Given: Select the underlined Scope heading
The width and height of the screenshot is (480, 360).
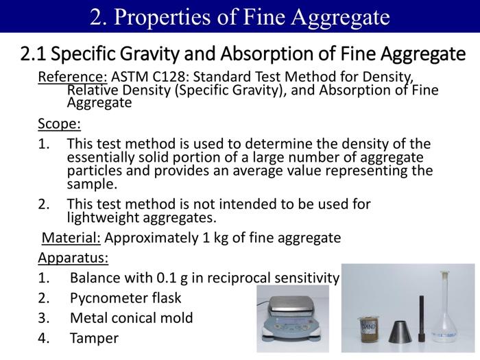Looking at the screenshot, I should pyautogui.click(x=59, y=124).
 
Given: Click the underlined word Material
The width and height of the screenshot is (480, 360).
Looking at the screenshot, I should pyautogui.click(x=71, y=238).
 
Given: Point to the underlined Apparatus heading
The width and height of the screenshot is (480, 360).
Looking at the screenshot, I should pyautogui.click(x=73, y=259).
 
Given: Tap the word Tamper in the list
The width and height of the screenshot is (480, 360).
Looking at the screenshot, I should pyautogui.click(x=94, y=338).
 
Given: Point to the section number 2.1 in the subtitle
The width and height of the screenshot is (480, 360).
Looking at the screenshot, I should pyautogui.click(x=34, y=53).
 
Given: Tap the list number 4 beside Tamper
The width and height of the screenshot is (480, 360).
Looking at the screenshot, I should pyautogui.click(x=44, y=338).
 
